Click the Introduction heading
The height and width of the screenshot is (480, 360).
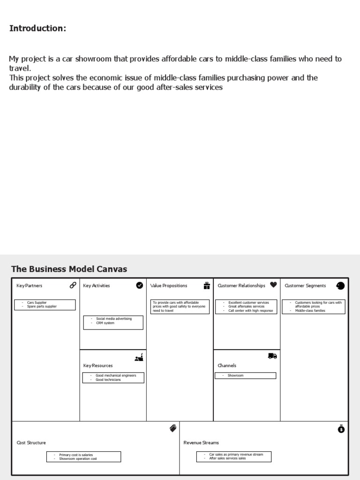coord(37,29)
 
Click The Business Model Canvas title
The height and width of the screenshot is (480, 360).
coord(69,269)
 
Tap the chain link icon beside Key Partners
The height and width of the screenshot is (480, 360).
coord(73,285)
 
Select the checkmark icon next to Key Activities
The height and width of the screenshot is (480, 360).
coord(139,285)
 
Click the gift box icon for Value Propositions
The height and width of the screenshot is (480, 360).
coord(207,285)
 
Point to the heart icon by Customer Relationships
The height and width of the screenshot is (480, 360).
coord(273,285)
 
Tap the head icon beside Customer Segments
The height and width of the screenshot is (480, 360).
coord(340,285)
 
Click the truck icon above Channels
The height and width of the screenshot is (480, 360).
coord(272,356)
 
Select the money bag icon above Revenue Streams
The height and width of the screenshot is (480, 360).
coord(341,428)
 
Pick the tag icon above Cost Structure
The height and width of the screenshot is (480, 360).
coord(172,428)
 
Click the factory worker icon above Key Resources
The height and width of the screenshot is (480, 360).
coord(139,358)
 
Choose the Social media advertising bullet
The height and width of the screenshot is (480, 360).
coord(114,319)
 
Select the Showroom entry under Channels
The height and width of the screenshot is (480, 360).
coord(235,375)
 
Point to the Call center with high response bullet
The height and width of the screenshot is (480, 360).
coord(250,311)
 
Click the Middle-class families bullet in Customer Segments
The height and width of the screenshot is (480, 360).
coord(310,311)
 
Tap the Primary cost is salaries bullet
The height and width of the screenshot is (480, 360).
coord(76,455)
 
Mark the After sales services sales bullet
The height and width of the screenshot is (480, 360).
coord(227,458)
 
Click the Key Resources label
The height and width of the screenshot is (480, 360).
coord(98,366)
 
